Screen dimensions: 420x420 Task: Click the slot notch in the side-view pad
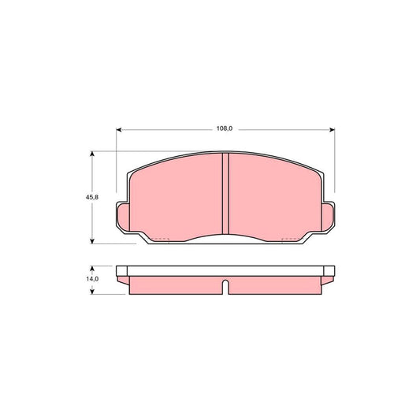click(x=225, y=287)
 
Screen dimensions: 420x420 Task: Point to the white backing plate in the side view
click(x=225, y=272)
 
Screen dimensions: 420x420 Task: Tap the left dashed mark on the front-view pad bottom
click(x=161, y=239)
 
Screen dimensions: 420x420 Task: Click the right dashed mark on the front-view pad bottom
click(x=290, y=239)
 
